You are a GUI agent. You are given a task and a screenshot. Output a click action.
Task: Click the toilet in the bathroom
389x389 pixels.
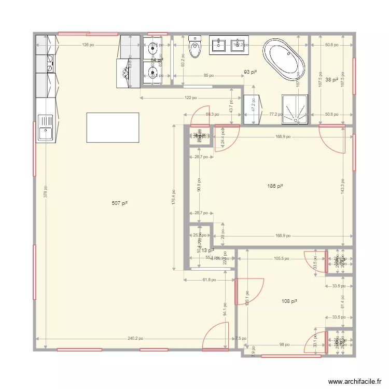tap(195, 47)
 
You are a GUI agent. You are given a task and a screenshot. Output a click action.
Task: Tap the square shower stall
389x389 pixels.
tap(295, 109)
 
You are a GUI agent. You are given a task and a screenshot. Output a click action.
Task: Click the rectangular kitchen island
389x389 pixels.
tap(113, 128)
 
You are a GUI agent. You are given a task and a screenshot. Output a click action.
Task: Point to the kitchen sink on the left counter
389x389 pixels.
tap(46, 128)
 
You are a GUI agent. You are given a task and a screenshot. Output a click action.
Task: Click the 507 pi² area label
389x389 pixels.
tap(119, 204)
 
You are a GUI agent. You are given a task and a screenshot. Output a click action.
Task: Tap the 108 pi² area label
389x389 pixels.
tap(289, 301)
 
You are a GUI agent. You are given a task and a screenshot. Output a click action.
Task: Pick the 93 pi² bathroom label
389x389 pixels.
tap(251, 72)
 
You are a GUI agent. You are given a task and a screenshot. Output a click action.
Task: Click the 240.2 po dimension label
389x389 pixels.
tap(136, 339)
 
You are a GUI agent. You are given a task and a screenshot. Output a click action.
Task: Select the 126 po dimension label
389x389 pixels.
tap(88, 45)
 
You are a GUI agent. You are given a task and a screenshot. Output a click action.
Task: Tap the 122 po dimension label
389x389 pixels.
tap(191, 98)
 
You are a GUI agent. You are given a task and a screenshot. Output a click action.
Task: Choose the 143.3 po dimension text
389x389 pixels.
tap(343, 186)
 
